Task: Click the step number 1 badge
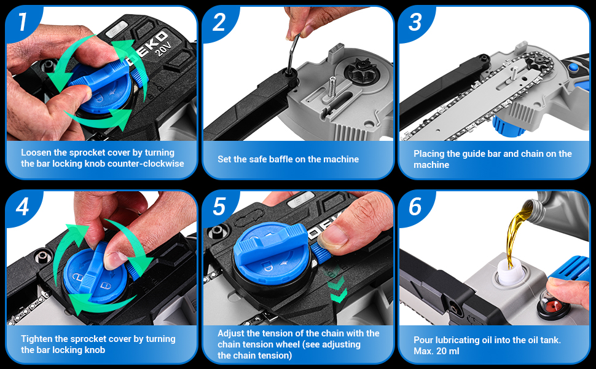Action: coord(23,22)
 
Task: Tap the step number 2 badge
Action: coord(219,22)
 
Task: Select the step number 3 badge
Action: coord(415,22)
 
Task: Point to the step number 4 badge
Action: coord(22,207)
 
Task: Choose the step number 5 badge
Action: coord(219,207)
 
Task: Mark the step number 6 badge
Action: coord(415,207)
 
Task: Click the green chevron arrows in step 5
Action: coord(337,290)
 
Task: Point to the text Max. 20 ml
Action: coord(436,351)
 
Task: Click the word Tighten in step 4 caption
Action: coord(36,339)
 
